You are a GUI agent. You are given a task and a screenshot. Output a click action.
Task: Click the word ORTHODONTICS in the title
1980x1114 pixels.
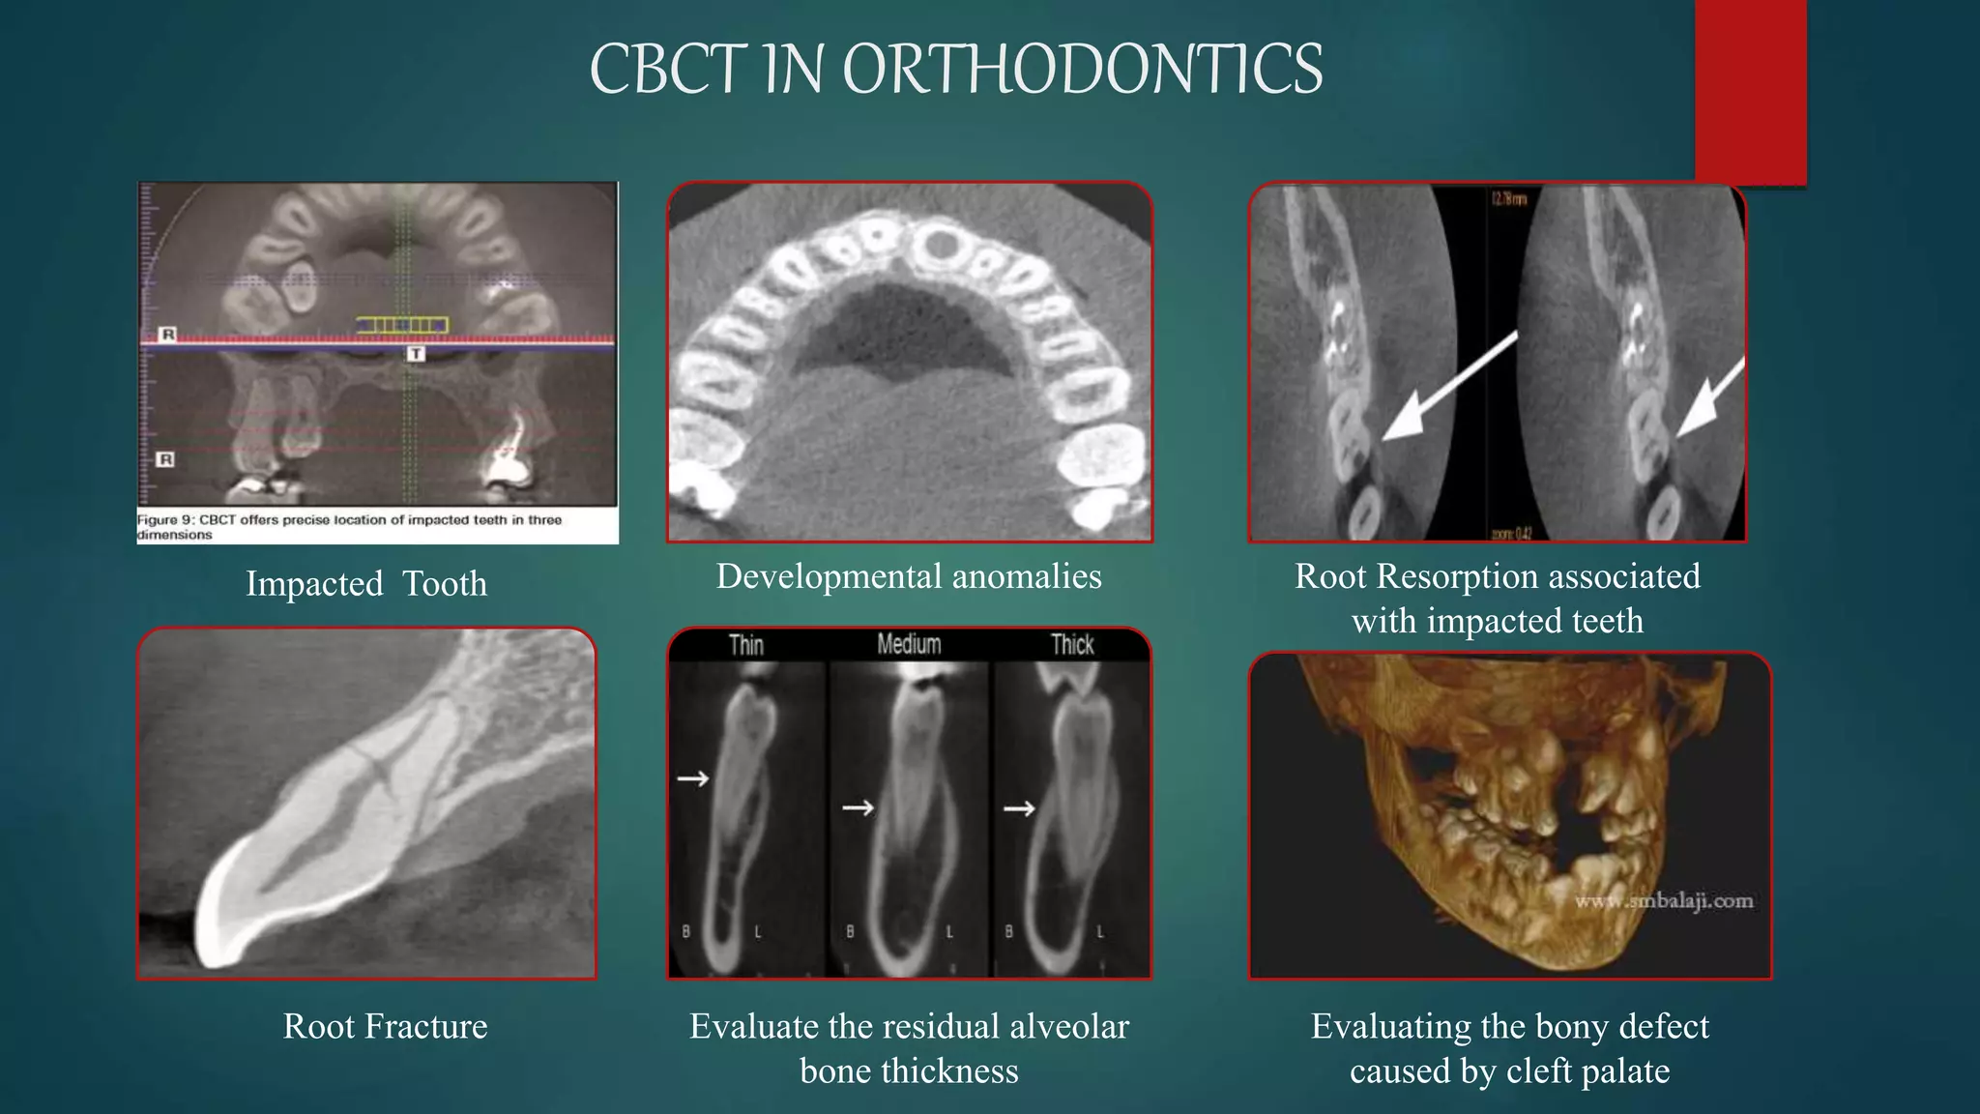1083,70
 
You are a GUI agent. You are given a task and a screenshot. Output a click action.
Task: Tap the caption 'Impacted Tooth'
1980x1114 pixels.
365,584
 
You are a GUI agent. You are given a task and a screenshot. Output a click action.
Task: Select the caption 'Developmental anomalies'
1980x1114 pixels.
908,576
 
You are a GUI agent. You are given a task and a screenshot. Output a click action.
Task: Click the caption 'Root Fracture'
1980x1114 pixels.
385,1026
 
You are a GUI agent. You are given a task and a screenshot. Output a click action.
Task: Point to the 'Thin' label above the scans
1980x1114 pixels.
745,645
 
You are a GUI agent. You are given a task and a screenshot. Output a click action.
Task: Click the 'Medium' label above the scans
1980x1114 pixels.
909,644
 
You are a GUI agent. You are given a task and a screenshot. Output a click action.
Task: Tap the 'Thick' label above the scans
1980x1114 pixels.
1071,645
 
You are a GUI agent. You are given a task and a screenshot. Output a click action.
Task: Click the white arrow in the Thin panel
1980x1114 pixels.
692,778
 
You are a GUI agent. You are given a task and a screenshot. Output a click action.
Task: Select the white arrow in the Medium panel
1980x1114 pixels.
858,807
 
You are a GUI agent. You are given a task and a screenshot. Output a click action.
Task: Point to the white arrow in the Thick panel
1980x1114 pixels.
1019,808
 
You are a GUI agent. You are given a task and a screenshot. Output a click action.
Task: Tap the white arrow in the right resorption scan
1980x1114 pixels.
1711,396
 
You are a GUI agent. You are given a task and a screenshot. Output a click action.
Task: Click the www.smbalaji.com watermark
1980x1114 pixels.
1663,901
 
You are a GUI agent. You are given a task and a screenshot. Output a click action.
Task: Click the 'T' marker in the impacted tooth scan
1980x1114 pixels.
415,354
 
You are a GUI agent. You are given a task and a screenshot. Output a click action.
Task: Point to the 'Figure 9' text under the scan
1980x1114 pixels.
165,520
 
